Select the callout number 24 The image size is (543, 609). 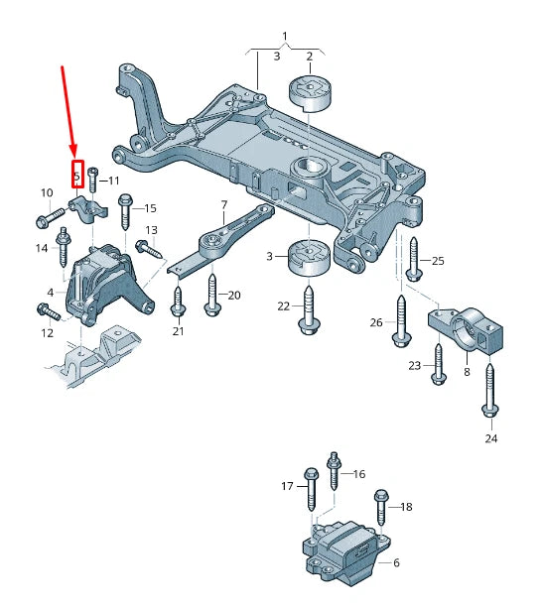(x=490, y=437)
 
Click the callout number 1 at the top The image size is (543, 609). (x=285, y=38)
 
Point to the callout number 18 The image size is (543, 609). (x=405, y=507)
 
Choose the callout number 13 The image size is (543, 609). (x=152, y=230)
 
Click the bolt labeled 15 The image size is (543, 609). (x=125, y=212)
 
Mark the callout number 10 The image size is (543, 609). (x=46, y=191)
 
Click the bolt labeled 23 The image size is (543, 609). (x=438, y=367)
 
